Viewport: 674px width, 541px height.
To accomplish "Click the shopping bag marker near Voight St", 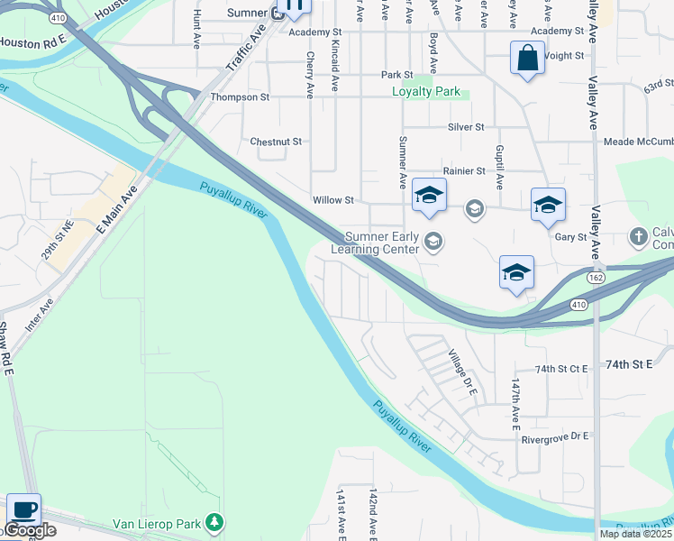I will click(x=526, y=59).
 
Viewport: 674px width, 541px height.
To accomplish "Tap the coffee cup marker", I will click(x=23, y=510).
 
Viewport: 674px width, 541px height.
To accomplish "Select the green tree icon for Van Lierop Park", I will click(x=214, y=522).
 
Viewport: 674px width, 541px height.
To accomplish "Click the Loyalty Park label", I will click(x=426, y=92).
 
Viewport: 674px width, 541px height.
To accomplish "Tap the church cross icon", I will click(x=638, y=236).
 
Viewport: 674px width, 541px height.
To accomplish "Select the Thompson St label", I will click(x=240, y=96).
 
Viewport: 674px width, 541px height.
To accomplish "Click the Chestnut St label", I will click(x=276, y=142).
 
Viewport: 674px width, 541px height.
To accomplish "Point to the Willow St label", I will click(x=333, y=199).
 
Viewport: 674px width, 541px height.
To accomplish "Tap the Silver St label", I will click(x=467, y=127).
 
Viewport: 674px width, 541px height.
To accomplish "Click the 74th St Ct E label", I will click(x=561, y=369).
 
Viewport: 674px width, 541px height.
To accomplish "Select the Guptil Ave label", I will click(x=498, y=167).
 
